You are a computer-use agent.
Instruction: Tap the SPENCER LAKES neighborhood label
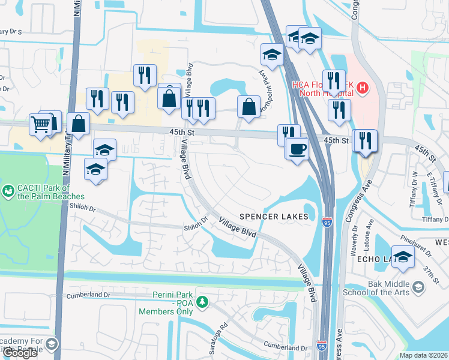(x=274, y=216)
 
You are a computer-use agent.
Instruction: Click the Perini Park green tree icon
(x=203, y=301)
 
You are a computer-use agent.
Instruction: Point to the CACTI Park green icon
(x=8, y=191)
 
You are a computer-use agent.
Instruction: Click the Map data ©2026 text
(x=424, y=355)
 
